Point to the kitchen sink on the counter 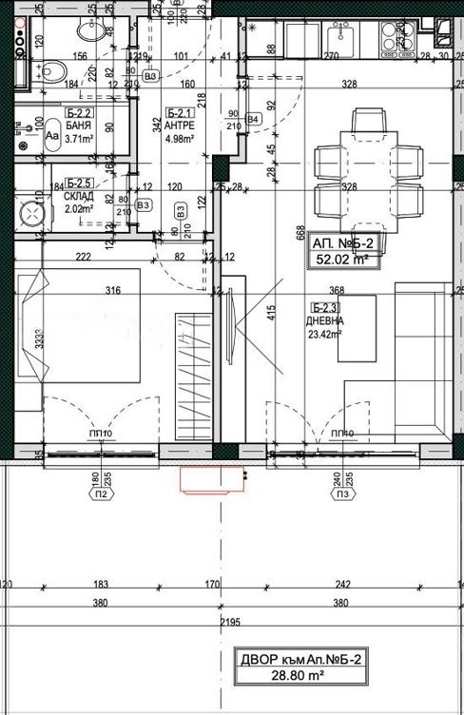coord(340,37)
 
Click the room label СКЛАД coord(80,196)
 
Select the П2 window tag coord(98,494)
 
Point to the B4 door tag coord(253,119)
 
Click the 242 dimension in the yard coord(343,585)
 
